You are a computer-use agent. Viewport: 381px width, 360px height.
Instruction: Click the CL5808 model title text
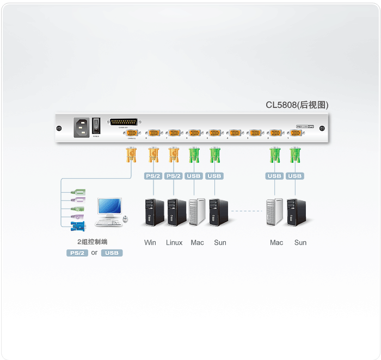tap(297, 105)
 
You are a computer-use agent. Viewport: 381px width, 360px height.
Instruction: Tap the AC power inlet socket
tap(82, 127)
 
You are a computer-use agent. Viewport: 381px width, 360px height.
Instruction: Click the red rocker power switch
tap(96, 126)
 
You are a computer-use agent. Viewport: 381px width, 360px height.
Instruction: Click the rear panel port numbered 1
tap(296, 133)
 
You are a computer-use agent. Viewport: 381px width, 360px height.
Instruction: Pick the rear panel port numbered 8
tap(153, 133)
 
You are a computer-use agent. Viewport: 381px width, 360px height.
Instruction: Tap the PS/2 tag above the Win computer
tap(153, 176)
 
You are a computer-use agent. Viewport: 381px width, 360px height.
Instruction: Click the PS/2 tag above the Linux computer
tap(174, 176)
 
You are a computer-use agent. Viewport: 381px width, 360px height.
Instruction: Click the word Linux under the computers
tap(174, 242)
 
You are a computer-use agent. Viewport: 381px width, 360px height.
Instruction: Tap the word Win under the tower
tap(150, 242)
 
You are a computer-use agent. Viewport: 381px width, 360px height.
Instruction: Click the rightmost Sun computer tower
tap(297, 213)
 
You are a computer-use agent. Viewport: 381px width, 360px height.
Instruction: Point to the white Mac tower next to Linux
tap(196, 213)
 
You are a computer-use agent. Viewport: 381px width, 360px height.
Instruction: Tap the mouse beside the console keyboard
tap(126, 219)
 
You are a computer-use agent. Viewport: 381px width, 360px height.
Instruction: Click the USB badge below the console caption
tap(112, 253)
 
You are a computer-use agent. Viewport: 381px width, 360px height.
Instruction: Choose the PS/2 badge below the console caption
tap(77, 253)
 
